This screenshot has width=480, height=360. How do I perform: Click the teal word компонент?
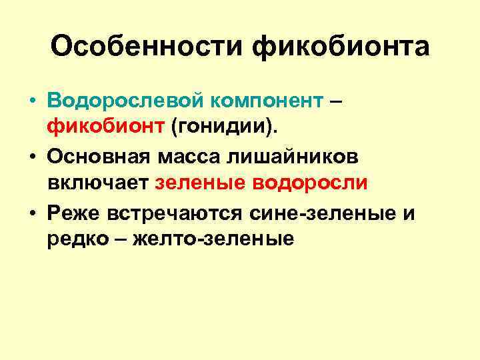click(x=267, y=101)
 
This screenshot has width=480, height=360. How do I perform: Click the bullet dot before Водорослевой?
click(x=31, y=101)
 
